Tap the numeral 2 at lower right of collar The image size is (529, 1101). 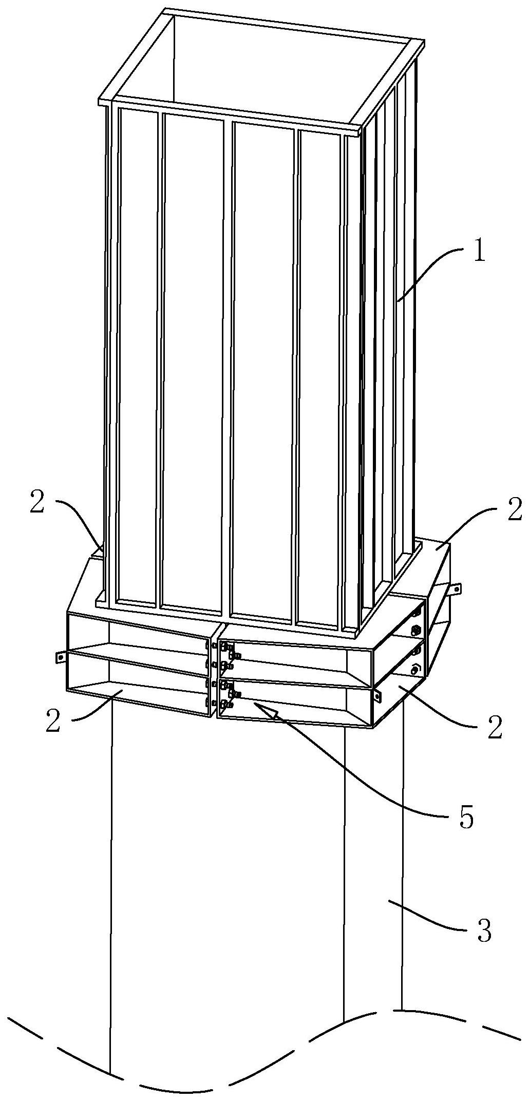coord(495,729)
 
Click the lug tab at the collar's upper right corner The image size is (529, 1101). coord(455,589)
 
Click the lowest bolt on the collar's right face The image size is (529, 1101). coord(415,669)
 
